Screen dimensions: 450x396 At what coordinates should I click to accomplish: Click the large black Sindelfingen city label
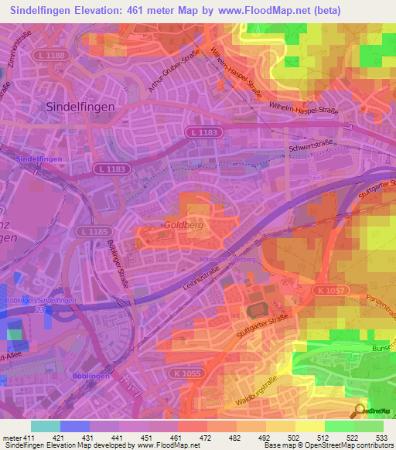tap(80, 107)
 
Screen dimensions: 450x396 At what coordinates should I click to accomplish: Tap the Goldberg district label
tap(183, 225)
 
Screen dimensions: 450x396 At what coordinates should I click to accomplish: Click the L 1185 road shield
tap(93, 231)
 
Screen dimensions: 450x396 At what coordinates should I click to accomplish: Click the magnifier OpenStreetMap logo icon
tap(360, 411)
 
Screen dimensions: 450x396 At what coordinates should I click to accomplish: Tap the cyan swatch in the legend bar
tap(46, 426)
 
